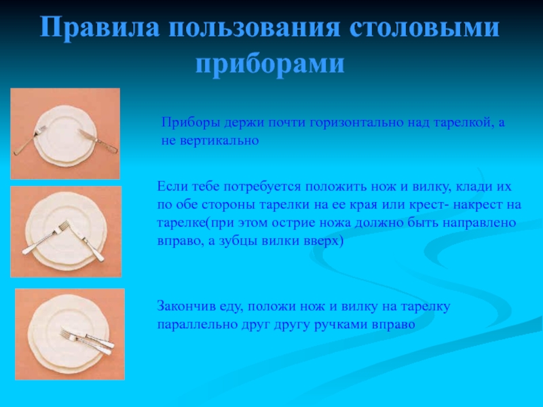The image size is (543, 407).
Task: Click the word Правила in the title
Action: coord(100,27)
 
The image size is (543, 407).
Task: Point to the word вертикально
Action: coord(219,141)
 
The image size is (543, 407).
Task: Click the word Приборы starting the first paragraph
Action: coord(191,123)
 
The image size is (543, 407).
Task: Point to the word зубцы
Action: coord(238,241)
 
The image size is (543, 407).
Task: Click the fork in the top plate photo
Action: coord(30,140)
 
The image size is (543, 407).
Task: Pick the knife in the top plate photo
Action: coord(98,141)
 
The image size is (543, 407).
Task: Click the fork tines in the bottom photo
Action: coord(67,334)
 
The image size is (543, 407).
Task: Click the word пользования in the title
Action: coord(255,27)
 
